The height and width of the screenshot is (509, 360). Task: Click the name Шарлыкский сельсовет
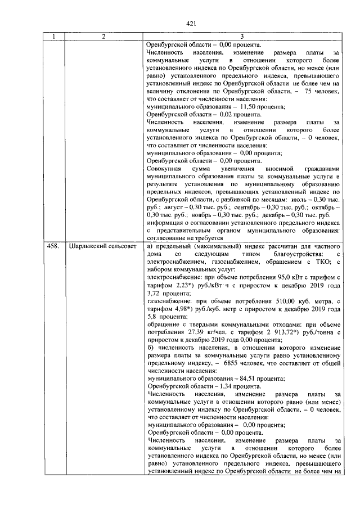pyautogui.click(x=102, y=246)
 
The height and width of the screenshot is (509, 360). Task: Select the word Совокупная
pyautogui.click(x=164, y=168)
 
